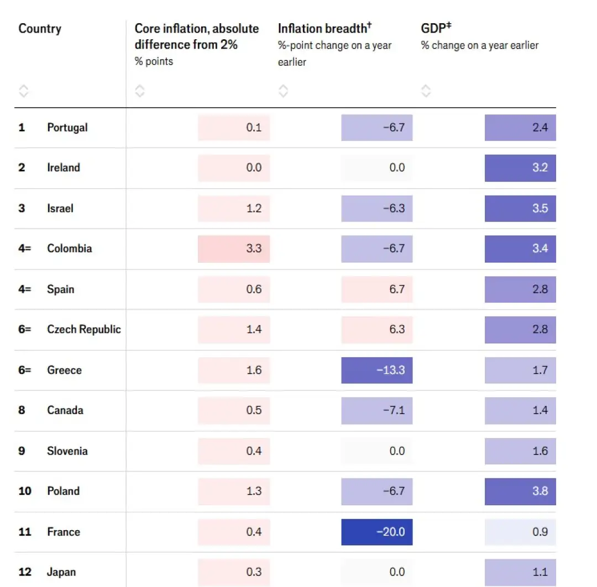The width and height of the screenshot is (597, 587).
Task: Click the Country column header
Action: (x=40, y=29)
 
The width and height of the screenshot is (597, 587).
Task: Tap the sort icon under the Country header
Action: (x=24, y=91)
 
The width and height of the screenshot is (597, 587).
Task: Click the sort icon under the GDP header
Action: (x=426, y=91)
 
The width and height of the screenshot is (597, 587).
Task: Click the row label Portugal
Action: (x=67, y=128)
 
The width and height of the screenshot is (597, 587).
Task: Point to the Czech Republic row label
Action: (x=83, y=330)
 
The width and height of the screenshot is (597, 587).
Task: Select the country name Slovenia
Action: (x=67, y=451)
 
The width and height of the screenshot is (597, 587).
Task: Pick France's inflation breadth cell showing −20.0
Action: (x=377, y=532)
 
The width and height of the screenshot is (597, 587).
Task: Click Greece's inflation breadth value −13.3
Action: (x=377, y=370)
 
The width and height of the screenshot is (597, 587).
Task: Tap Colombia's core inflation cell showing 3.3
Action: (x=234, y=248)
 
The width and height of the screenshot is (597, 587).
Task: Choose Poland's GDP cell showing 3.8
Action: (x=520, y=491)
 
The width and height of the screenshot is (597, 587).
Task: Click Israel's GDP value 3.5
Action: (x=520, y=208)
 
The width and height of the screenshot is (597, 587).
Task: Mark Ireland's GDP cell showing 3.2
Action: (x=520, y=168)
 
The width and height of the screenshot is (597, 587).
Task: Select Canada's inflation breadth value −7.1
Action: (x=377, y=410)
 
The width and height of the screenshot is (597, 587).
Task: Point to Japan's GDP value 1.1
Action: (x=520, y=572)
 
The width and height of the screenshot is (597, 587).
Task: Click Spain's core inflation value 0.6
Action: (x=234, y=289)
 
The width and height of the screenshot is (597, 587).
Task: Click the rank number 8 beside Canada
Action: (x=22, y=410)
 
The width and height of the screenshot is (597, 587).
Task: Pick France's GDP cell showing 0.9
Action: (x=520, y=532)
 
